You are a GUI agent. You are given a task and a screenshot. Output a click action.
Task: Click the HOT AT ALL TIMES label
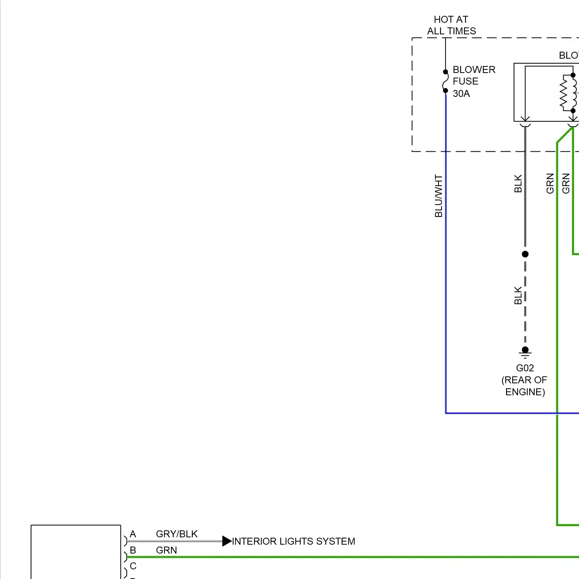click(451, 25)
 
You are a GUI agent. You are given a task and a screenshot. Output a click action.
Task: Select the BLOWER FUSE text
click(474, 75)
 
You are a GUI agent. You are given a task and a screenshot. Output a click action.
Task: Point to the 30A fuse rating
click(461, 93)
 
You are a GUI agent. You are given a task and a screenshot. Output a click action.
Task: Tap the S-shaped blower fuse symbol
click(445, 81)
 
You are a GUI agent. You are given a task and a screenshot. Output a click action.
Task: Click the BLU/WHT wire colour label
click(438, 196)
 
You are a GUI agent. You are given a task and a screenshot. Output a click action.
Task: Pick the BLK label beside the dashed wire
click(518, 295)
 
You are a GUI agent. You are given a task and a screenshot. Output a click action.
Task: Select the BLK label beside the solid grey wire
click(518, 184)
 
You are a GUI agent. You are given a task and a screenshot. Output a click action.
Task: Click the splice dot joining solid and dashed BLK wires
click(525, 254)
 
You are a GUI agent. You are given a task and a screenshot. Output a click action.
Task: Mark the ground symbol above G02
click(525, 352)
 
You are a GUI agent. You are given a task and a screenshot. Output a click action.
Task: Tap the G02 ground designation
click(525, 368)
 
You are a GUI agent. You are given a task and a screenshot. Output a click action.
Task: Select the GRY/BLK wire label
click(177, 534)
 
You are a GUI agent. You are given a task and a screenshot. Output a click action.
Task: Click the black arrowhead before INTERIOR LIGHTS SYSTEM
click(227, 541)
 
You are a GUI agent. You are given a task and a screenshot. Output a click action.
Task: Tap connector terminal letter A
click(133, 534)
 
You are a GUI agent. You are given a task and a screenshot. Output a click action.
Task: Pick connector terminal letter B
click(133, 550)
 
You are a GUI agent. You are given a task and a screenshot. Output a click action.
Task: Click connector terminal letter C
click(133, 566)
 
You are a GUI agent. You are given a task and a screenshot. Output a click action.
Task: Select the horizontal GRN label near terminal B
click(166, 550)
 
